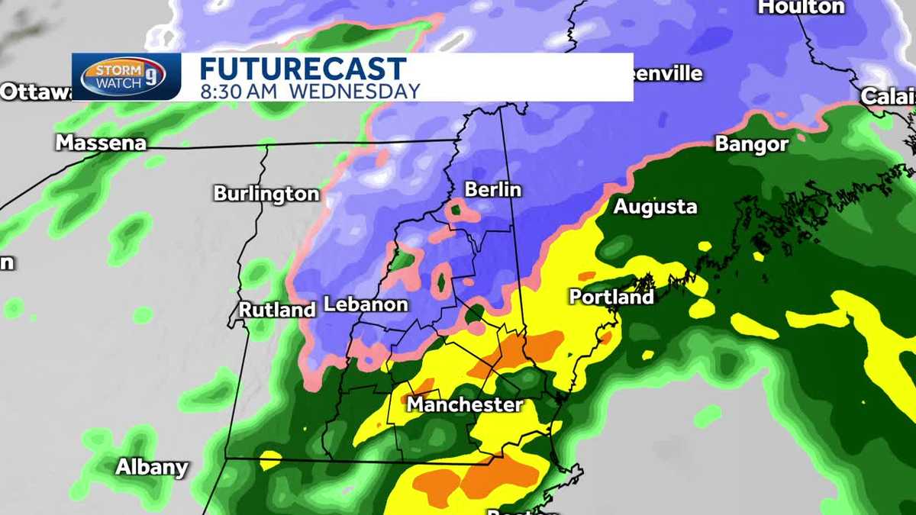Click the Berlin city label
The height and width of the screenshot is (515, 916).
[x=492, y=189]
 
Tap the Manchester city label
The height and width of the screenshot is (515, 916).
[x=464, y=404]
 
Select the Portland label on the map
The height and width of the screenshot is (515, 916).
[x=611, y=297]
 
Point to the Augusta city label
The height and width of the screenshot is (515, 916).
[x=655, y=207]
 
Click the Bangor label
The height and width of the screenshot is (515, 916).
[x=751, y=144]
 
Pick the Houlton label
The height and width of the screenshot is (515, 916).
[x=801, y=7]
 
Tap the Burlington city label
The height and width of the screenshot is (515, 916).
[x=266, y=194]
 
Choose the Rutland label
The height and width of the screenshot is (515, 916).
[x=277, y=310]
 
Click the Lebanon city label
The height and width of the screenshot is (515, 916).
[x=366, y=304]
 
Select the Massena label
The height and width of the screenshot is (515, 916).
[x=100, y=143]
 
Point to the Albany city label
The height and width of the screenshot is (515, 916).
[x=152, y=467]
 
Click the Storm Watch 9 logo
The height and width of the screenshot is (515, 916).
[x=124, y=77]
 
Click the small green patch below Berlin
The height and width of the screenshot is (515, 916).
[x=456, y=208]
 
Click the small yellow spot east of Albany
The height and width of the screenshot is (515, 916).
[x=270, y=460]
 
